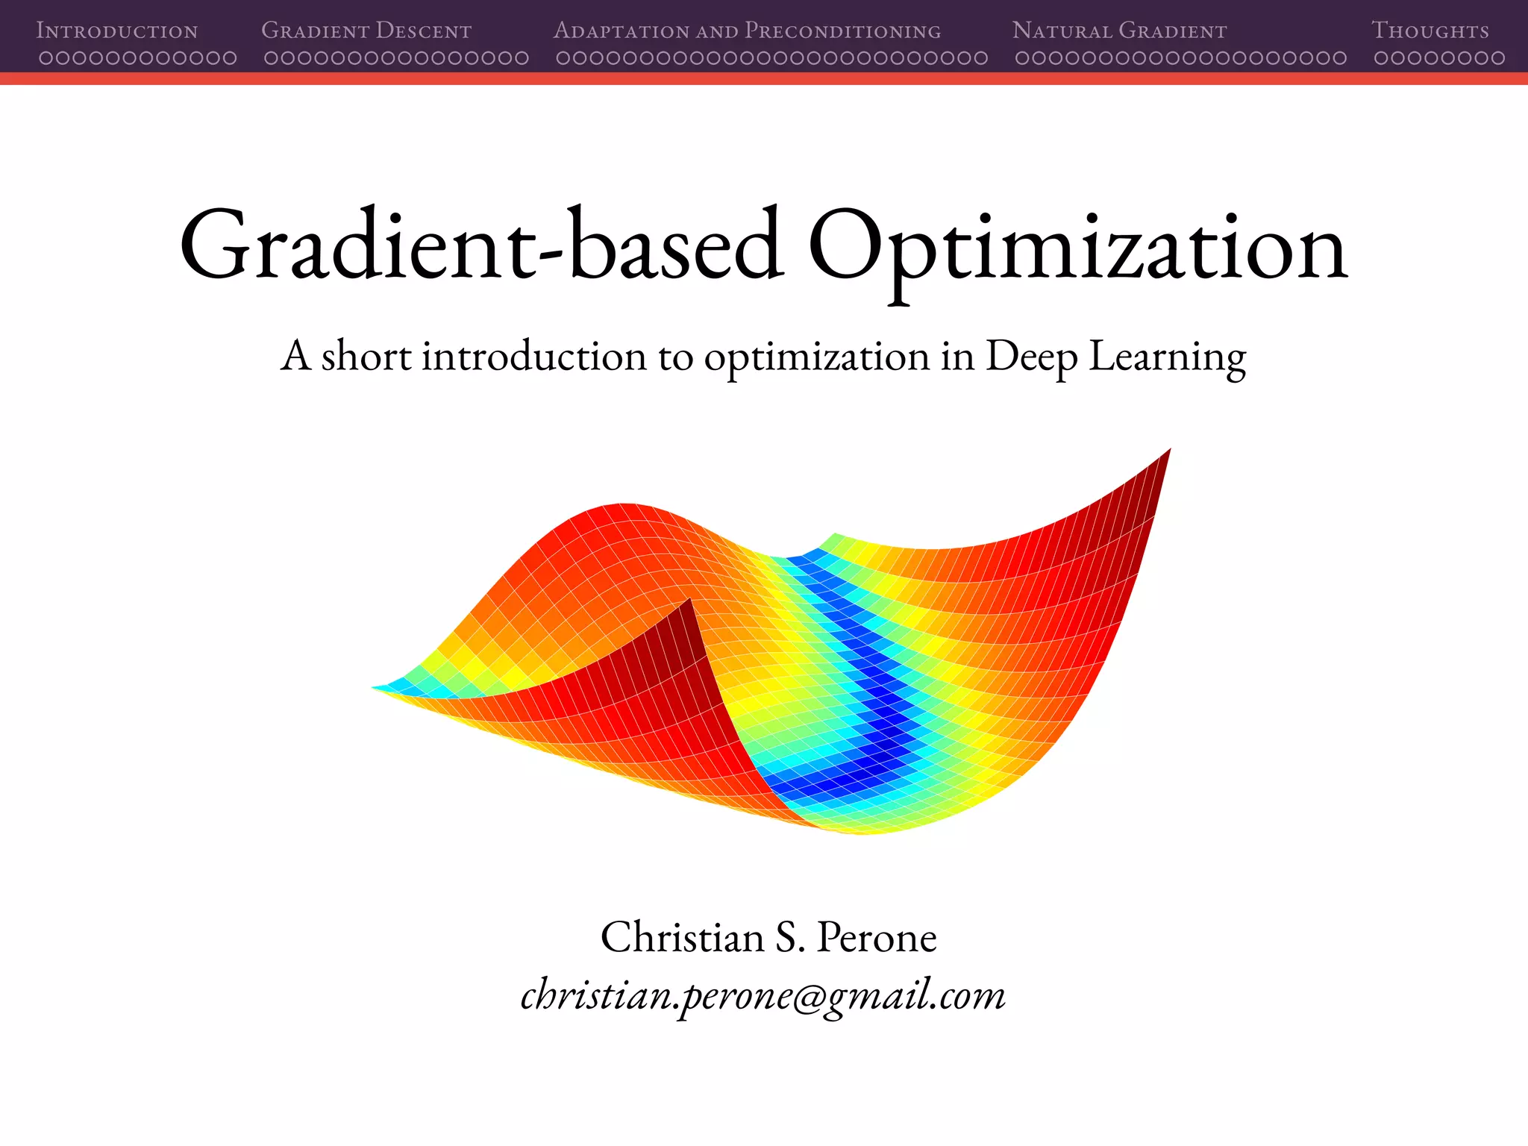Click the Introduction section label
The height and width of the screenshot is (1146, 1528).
point(117,31)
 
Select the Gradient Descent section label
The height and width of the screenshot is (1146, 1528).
point(366,31)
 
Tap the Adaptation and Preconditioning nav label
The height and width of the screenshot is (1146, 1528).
point(747,31)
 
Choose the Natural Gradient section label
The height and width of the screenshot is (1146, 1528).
point(1119,31)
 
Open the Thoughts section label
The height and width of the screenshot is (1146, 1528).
point(1430,31)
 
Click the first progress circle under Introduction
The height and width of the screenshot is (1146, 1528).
point(46,58)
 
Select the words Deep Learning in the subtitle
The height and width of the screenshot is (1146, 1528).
point(1115,357)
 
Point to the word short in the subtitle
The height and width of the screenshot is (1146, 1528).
point(366,356)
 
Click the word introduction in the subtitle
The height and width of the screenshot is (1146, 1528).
point(534,356)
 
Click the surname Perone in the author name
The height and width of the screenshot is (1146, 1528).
point(877,937)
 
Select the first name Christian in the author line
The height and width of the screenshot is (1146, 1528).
point(682,937)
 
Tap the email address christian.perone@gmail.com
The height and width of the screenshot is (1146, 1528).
point(763,995)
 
